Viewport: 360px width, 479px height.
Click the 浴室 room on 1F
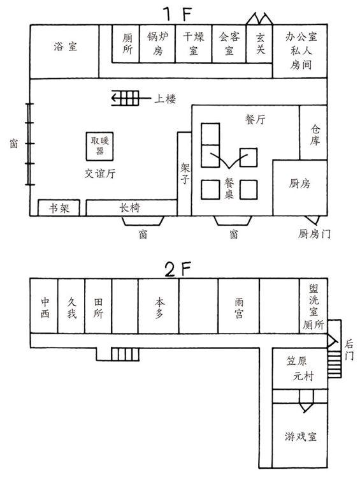tap(64, 51)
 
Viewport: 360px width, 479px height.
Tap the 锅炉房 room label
tap(158, 43)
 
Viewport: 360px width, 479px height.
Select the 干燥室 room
tap(194, 43)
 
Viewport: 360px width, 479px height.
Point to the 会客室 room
tap(229, 43)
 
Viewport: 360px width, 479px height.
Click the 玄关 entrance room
tap(259, 43)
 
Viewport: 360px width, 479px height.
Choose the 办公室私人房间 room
tap(300, 51)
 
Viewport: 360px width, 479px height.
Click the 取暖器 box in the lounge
tap(100, 146)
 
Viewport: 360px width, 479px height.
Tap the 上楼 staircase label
tap(165, 99)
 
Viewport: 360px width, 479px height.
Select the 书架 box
tap(59, 208)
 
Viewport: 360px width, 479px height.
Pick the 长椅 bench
tap(131, 208)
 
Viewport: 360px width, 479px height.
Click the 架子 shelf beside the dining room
tap(184, 174)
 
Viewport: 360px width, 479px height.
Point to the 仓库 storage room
tap(313, 133)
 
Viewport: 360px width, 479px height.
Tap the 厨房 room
tap(300, 188)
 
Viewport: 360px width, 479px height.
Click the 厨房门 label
tap(314, 234)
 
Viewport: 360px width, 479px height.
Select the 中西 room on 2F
tap(44, 306)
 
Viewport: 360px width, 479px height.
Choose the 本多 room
tap(159, 306)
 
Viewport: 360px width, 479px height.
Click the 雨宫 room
tap(239, 306)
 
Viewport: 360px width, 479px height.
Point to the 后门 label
tap(349, 350)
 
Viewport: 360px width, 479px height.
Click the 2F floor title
tap(178, 269)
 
